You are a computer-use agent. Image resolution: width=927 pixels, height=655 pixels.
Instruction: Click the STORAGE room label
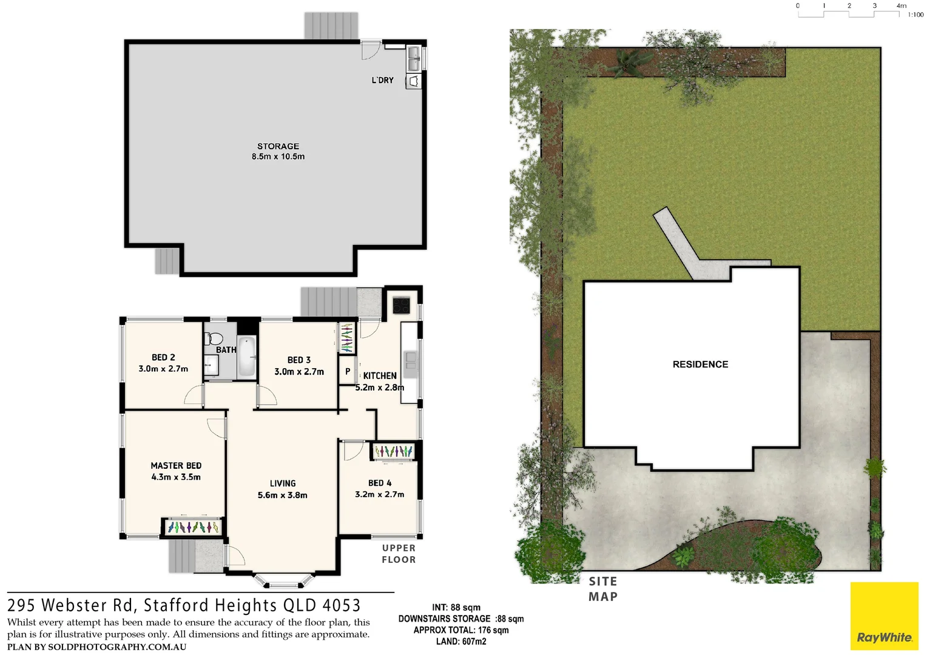point(278,146)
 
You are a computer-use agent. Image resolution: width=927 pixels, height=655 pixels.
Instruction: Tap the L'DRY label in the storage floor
point(382,80)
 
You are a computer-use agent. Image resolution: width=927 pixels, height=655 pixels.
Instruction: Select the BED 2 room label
point(163,357)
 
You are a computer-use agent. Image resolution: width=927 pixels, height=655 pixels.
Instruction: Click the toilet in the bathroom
point(213,338)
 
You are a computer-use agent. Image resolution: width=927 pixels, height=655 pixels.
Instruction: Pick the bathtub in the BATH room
point(247,357)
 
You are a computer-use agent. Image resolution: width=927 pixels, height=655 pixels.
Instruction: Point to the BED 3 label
point(299,360)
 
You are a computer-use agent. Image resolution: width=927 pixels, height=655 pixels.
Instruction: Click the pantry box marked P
point(348,371)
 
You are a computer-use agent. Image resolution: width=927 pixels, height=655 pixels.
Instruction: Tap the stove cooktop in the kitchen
point(401,305)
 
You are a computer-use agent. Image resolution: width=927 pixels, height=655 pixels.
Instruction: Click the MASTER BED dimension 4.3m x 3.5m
point(176,477)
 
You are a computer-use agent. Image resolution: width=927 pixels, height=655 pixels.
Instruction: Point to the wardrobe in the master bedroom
point(193,527)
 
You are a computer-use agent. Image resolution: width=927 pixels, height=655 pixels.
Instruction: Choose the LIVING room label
point(283,483)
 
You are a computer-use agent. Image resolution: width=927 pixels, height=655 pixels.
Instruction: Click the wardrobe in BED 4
point(394,451)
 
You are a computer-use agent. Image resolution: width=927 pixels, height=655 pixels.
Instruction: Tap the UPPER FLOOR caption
point(399,554)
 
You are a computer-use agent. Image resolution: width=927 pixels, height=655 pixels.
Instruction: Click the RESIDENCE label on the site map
point(700,364)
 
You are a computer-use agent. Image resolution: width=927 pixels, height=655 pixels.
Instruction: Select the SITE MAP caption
point(603,589)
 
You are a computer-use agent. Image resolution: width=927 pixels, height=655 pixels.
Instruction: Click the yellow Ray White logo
point(884,616)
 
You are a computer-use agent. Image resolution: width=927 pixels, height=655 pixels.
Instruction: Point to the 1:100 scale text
point(915,15)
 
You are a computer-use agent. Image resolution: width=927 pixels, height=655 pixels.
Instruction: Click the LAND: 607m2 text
point(461,641)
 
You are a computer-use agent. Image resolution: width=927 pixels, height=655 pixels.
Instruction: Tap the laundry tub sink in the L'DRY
point(414,58)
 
